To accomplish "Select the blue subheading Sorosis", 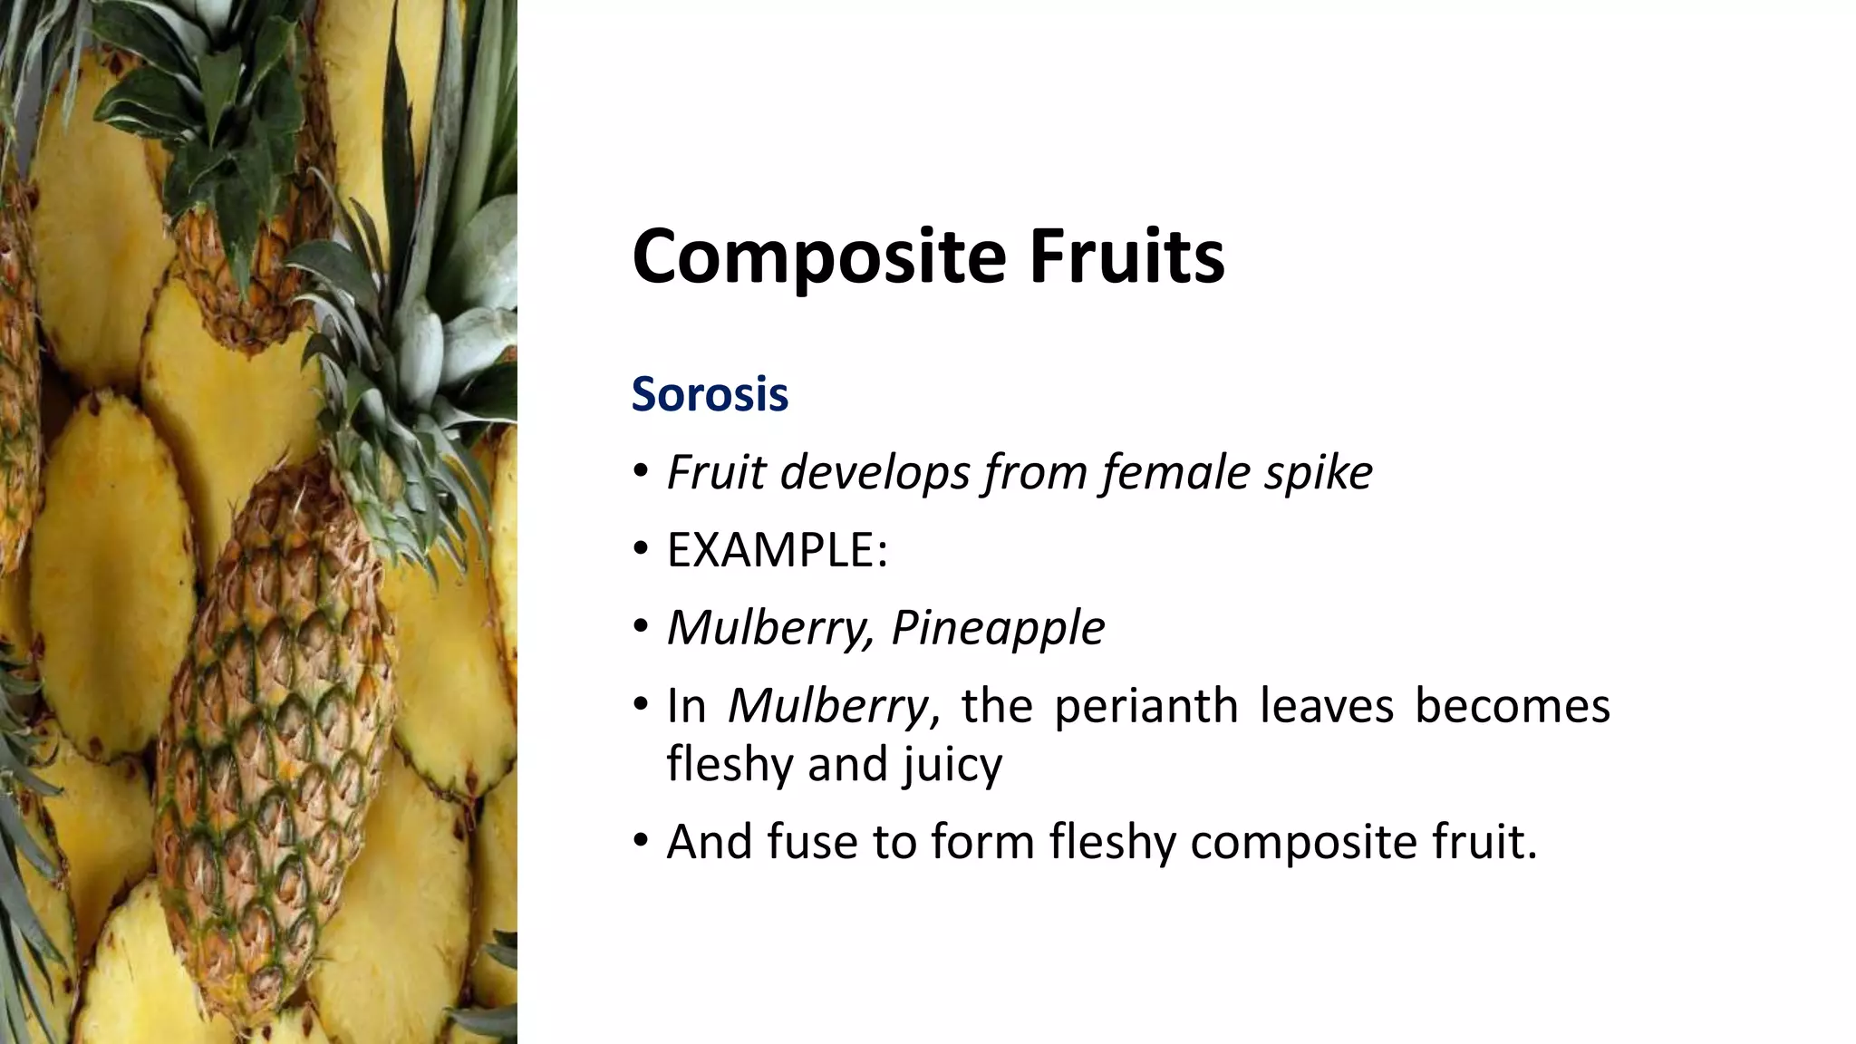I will pyautogui.click(x=710, y=394).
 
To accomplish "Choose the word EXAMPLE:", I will pyautogui.click(x=777, y=550).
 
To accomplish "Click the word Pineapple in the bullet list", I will pyautogui.click(x=998, y=627).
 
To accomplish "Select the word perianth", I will pyautogui.click(x=1145, y=705).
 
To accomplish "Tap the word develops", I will pyautogui.click(x=875, y=472).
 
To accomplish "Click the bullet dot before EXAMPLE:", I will pyautogui.click(x=642, y=550).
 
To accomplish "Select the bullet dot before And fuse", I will pyautogui.click(x=642, y=842).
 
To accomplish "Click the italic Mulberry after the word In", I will pyautogui.click(x=827, y=705).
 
